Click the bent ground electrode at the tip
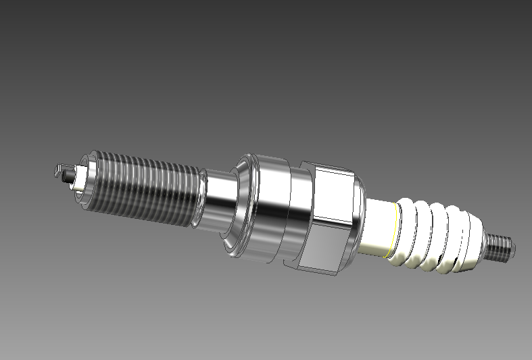click(59, 168)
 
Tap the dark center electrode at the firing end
click(67, 178)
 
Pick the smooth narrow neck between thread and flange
click(218, 203)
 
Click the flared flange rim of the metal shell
click(238, 206)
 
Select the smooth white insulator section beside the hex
click(376, 226)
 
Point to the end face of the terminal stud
click(511, 249)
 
